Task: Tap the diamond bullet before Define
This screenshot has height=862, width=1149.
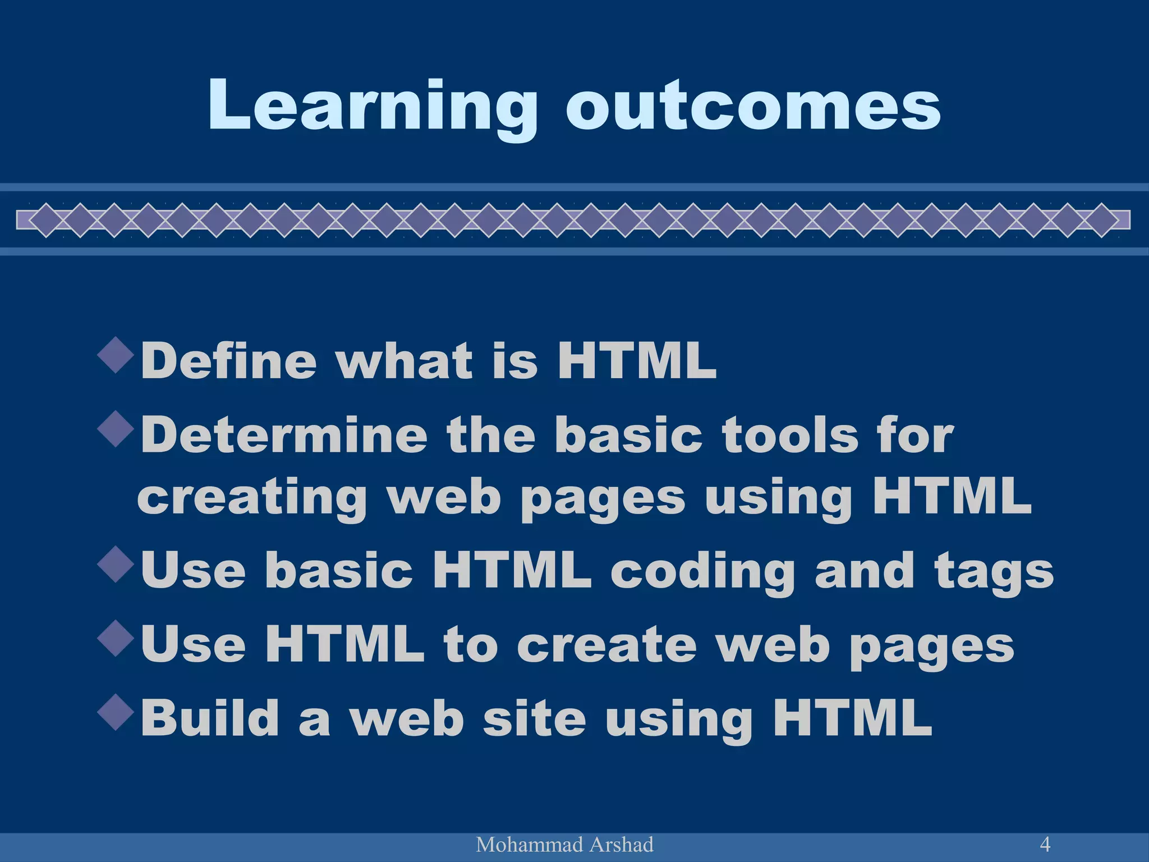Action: [x=116, y=355]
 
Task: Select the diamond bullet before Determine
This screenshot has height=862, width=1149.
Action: [x=116, y=429]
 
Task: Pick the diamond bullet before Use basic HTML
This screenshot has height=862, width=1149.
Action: [x=116, y=564]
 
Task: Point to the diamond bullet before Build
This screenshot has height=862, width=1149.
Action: [x=116, y=713]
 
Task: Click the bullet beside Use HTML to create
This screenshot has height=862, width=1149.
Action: [x=116, y=639]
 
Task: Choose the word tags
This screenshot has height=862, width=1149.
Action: [x=994, y=571]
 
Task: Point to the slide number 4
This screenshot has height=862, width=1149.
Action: [x=1045, y=843]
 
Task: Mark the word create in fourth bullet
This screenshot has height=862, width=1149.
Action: [x=606, y=645]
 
